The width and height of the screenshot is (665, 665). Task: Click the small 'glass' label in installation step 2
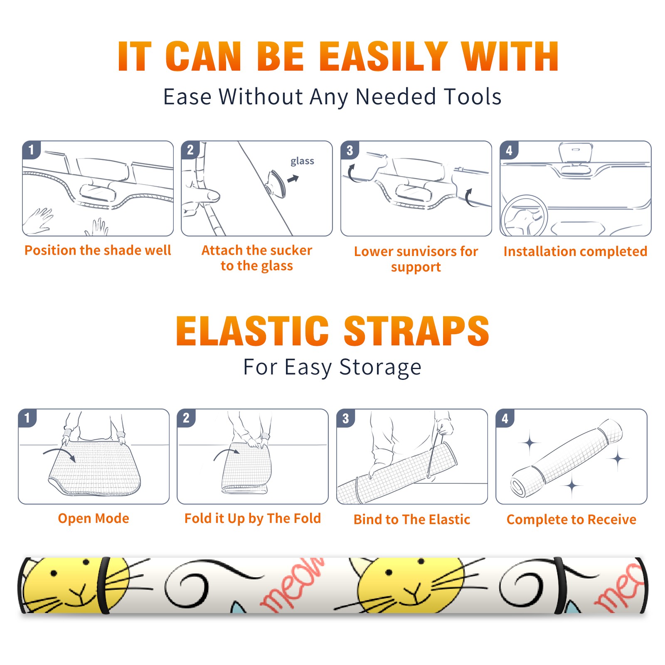point(302,161)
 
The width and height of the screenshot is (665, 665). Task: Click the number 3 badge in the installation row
point(350,150)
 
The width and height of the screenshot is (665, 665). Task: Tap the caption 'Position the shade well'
point(98,250)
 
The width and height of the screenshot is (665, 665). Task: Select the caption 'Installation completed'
point(575,251)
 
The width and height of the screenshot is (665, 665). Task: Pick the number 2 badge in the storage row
point(186,418)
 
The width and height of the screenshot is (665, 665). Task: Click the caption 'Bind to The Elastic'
point(412,519)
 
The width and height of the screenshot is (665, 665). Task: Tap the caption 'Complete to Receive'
point(571,520)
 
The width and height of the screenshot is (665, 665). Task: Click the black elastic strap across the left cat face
point(103,585)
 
